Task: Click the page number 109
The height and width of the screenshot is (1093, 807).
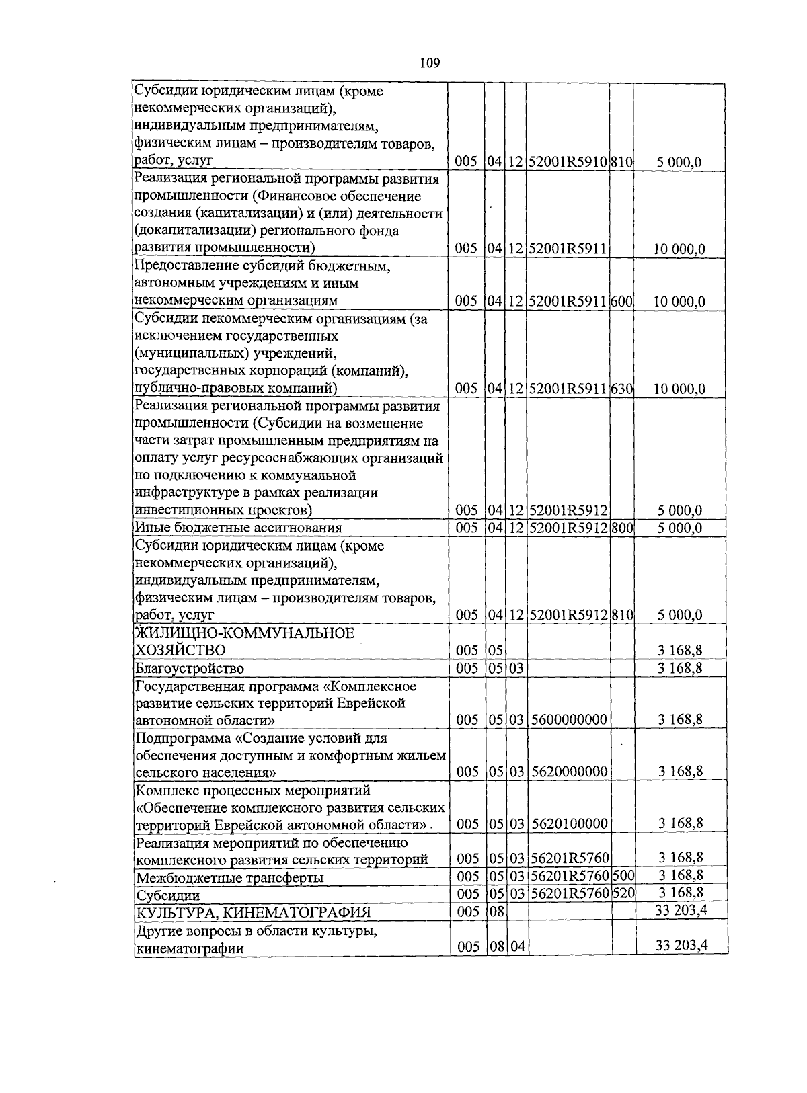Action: tap(430, 63)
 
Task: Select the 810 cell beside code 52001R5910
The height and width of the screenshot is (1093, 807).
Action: tap(622, 162)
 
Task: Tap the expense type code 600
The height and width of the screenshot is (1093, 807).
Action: tap(622, 301)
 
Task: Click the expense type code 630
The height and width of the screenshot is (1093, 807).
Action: tap(622, 389)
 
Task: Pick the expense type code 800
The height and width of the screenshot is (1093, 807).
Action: tap(622, 528)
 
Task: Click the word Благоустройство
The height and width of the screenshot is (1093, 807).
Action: tap(190, 668)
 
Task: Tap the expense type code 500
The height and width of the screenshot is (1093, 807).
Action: tap(623, 875)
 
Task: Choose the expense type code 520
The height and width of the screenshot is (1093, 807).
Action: tap(623, 893)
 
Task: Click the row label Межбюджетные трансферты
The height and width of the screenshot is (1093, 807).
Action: tap(229, 878)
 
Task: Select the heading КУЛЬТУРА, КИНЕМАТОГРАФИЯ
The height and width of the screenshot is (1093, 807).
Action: tap(254, 912)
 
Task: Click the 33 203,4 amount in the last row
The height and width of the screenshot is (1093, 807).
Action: tap(681, 946)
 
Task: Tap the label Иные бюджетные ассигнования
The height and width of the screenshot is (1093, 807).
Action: tap(238, 528)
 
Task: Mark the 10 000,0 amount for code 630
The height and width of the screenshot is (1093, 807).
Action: tap(679, 389)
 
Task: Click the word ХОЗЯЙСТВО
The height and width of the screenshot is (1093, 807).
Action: tap(180, 650)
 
